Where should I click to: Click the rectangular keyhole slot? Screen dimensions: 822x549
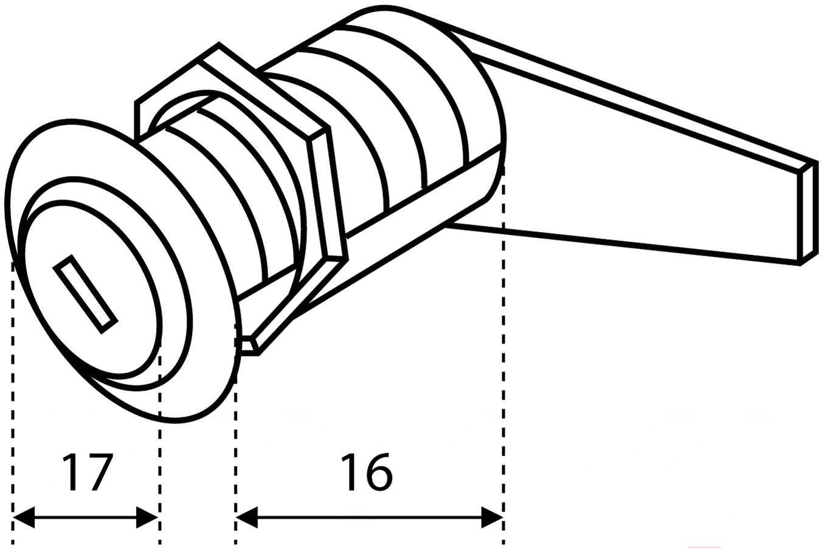[x=85, y=294]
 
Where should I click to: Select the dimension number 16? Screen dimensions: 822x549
[x=367, y=472]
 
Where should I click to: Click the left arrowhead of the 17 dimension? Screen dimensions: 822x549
[x=24, y=517]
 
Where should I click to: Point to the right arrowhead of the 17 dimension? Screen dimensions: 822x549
[x=147, y=517]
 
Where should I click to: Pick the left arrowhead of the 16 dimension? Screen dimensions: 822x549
[x=247, y=517]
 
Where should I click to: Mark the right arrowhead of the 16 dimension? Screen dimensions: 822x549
[x=492, y=517]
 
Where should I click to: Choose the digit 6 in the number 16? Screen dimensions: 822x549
[x=378, y=472]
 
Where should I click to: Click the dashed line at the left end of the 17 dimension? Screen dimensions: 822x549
[x=13, y=403]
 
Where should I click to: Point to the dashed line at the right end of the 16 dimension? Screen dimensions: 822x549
[x=503, y=355]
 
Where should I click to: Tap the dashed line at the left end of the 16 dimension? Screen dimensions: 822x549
[x=235, y=434]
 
